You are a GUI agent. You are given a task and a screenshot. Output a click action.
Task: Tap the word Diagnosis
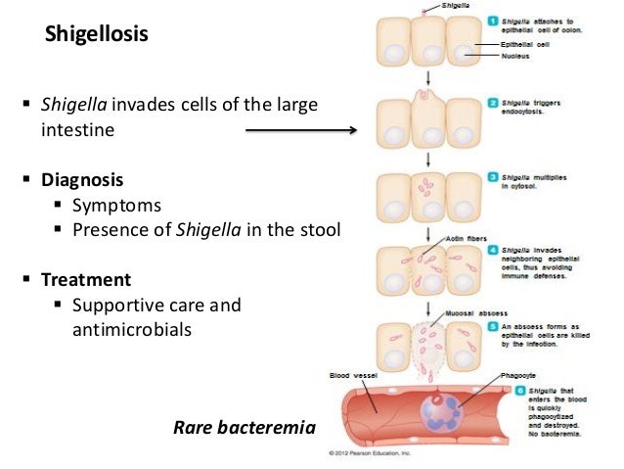[82, 180]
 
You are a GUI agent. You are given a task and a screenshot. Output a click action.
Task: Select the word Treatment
[85, 279]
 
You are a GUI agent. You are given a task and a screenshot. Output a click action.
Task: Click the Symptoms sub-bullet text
[116, 206]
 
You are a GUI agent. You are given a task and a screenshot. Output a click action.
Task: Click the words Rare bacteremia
[245, 427]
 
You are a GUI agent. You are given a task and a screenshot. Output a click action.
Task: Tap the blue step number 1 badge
[494, 21]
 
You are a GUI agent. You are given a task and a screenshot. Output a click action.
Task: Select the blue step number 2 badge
[494, 101]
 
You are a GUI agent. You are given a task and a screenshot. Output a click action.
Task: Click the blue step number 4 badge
[494, 251]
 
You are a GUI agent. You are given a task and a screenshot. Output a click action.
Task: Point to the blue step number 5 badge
[494, 328]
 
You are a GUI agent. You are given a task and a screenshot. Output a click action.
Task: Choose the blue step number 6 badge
[520, 390]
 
